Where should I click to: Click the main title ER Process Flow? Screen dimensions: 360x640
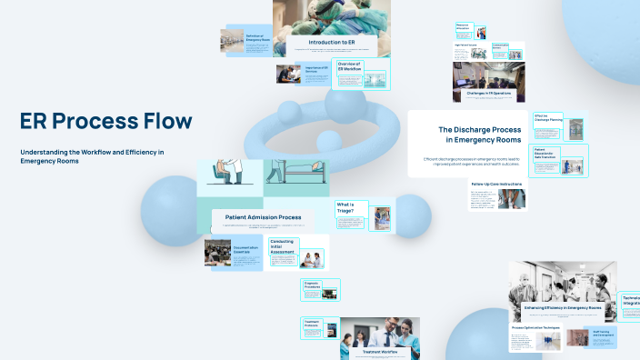coord(105,121)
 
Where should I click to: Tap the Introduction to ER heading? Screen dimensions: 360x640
coord(331,42)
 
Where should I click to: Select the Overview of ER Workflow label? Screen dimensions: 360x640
coord(350,66)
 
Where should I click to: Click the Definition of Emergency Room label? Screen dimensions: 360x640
coord(260,38)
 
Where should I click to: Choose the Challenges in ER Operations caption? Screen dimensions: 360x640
coord(488,94)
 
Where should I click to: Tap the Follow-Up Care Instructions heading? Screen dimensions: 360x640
coord(496,184)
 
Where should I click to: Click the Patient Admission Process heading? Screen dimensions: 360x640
coord(263,217)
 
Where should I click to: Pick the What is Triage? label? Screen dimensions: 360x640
coord(345,208)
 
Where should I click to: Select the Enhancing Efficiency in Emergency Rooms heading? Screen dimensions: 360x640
coord(563,308)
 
